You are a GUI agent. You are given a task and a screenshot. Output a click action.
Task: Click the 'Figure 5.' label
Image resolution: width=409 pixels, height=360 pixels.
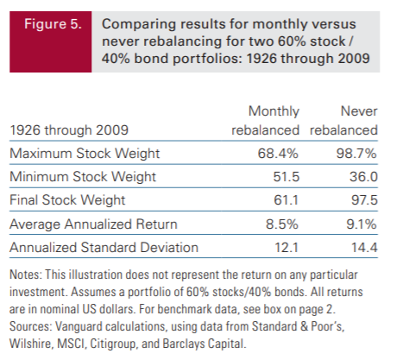click(53, 24)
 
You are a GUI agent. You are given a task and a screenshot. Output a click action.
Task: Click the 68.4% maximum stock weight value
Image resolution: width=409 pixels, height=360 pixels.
click(278, 153)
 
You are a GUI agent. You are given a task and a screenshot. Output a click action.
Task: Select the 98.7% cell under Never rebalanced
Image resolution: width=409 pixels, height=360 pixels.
click(356, 153)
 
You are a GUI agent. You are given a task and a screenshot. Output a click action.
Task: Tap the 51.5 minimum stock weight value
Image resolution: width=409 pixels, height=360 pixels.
click(286, 176)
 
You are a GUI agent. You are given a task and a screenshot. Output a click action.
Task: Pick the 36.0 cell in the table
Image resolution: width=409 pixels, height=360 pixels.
click(363, 176)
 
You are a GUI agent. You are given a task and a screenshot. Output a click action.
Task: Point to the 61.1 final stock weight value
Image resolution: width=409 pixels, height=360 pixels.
click(286, 199)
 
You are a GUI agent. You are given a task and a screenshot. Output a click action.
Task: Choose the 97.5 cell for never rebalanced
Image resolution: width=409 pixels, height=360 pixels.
click(364, 199)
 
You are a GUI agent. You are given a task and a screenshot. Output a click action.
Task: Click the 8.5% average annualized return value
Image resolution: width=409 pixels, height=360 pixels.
click(282, 224)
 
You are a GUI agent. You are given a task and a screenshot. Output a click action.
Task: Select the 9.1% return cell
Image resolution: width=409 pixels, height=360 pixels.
click(362, 224)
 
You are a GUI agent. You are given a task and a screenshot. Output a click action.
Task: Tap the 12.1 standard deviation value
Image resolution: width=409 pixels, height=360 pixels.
click(286, 248)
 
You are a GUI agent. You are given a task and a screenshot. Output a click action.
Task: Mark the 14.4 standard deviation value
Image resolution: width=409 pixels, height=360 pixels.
click(364, 248)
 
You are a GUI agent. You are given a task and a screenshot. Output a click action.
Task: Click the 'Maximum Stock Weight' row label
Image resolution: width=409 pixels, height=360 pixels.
click(85, 154)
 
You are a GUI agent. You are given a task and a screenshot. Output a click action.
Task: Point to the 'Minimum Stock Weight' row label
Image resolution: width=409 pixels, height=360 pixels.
click(83, 177)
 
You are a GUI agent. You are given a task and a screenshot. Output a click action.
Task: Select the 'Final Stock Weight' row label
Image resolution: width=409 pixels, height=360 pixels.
click(67, 200)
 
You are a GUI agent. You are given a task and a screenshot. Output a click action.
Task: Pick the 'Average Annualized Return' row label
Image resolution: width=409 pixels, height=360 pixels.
click(93, 224)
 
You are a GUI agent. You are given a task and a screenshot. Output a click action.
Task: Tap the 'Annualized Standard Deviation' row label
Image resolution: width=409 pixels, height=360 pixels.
click(104, 248)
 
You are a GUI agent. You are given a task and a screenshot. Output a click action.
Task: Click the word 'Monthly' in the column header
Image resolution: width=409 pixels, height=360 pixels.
click(274, 111)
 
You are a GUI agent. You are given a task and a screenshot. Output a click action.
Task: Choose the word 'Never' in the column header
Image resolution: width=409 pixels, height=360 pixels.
click(359, 111)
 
